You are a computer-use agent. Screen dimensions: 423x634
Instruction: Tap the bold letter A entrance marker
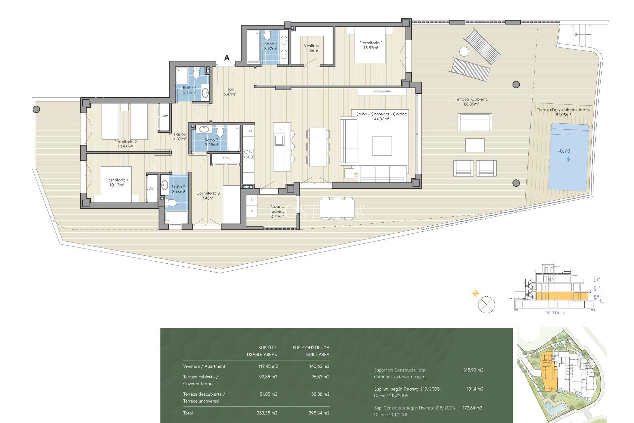tap(227, 58)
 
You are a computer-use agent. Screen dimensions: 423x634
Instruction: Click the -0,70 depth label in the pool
tap(564, 151)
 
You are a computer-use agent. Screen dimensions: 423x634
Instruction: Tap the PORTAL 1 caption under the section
tap(555, 313)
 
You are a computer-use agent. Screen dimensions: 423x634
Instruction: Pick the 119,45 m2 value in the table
tap(268, 366)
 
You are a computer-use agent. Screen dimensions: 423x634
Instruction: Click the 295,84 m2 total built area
tap(320, 413)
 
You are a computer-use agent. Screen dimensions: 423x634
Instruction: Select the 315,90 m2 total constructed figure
tap(473, 370)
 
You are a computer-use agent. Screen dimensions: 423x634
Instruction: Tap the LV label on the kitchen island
tap(279, 129)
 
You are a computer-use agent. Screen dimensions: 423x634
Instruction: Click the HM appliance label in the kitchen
tap(249, 131)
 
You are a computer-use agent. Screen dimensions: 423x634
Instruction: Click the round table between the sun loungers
tap(464, 52)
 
